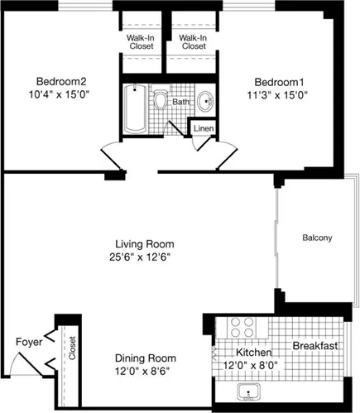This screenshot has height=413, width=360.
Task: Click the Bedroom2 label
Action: point(61,81)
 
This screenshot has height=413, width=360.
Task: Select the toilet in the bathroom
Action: point(161,102)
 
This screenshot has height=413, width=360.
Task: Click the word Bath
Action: point(180,102)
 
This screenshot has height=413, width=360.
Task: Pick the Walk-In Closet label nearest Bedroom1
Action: point(193,42)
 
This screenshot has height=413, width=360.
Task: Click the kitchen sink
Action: point(246,391)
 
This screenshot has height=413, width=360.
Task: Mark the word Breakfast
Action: point(314,346)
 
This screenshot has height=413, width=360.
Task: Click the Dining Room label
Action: point(145,358)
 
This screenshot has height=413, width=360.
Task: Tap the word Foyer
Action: point(28,341)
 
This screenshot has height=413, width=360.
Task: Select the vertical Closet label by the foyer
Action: point(73,348)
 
